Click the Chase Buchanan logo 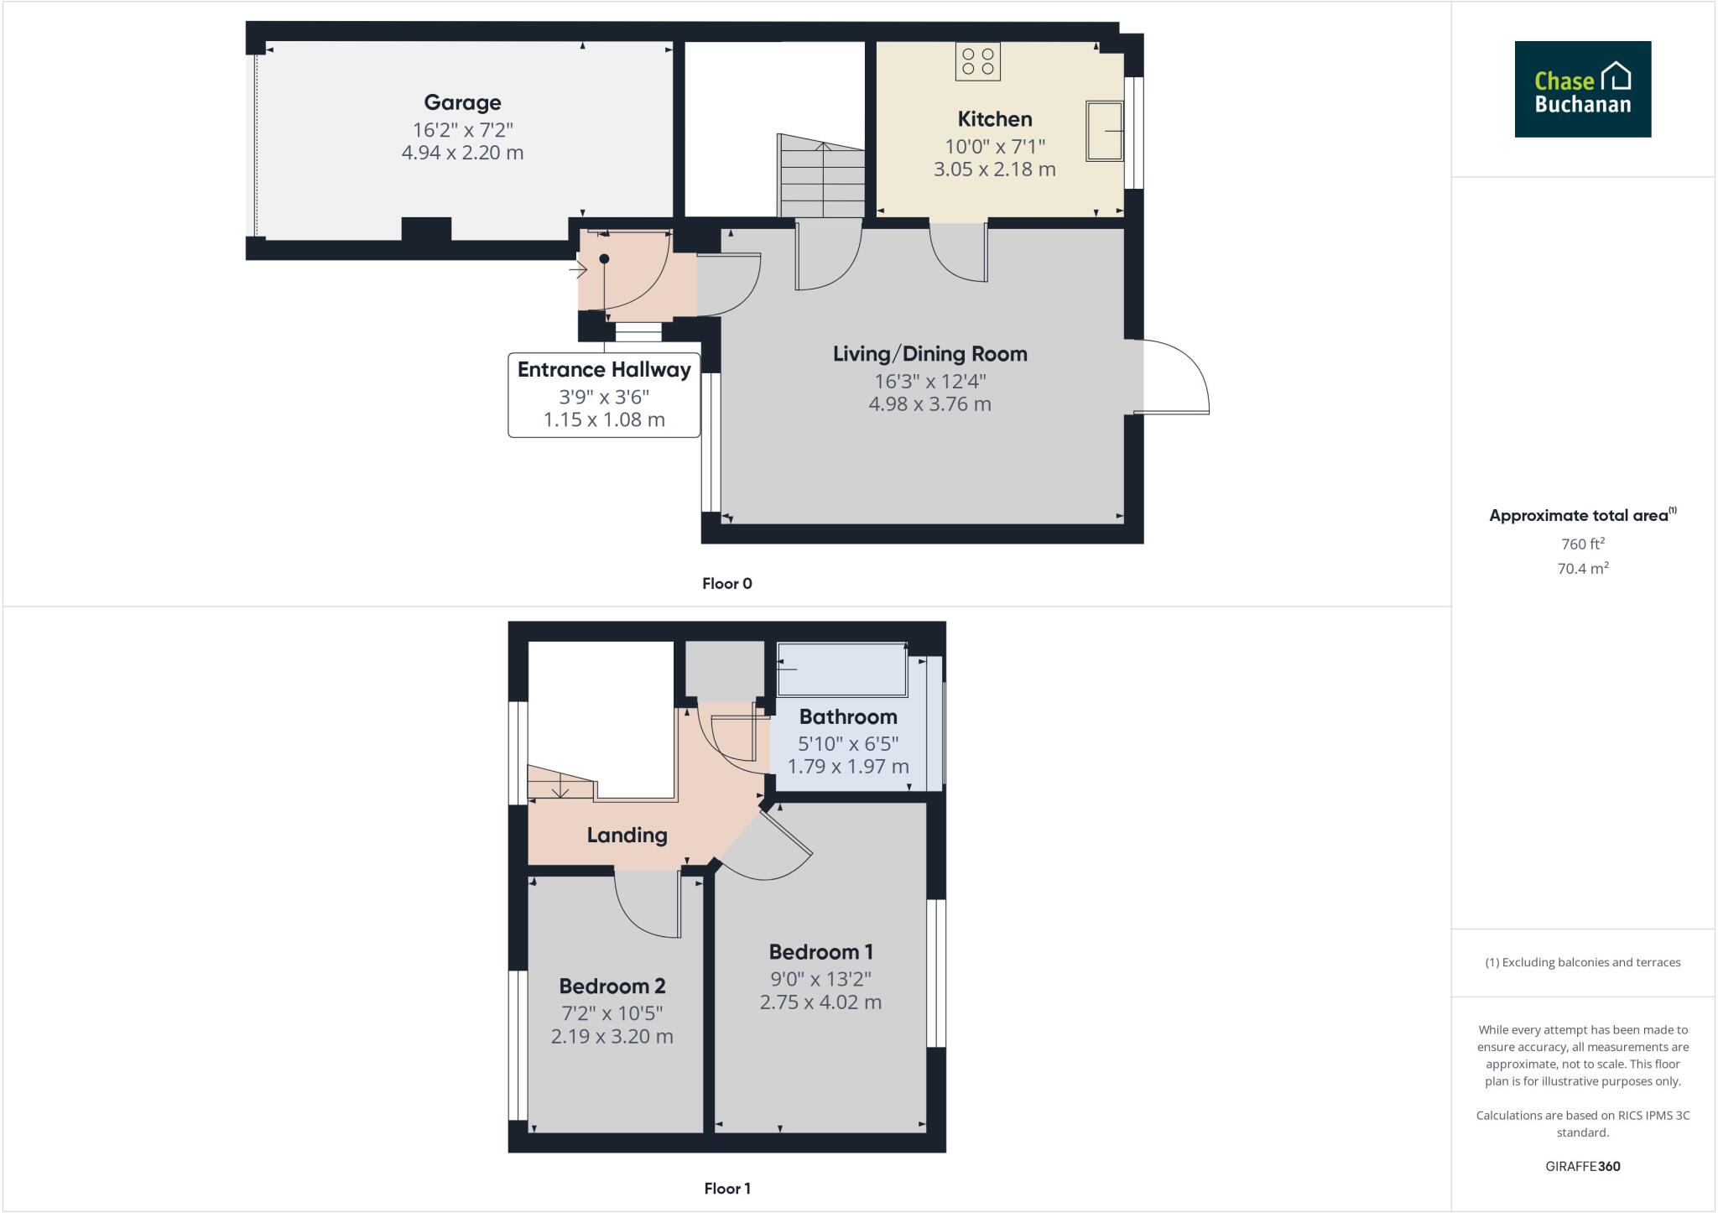click(1582, 89)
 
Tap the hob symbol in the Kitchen click(977, 61)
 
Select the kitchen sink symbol click(1104, 131)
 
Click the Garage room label click(462, 102)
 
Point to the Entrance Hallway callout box click(604, 394)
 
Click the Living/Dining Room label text click(929, 354)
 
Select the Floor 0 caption click(726, 584)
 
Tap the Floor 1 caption click(726, 1189)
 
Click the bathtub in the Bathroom click(841, 669)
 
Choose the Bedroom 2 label click(612, 986)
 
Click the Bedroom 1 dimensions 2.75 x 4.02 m click(820, 1002)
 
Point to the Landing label click(627, 835)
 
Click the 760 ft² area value click(1582, 544)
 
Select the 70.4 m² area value click(1582, 569)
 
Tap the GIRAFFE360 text click(1582, 1166)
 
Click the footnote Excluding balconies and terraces click(1582, 962)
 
